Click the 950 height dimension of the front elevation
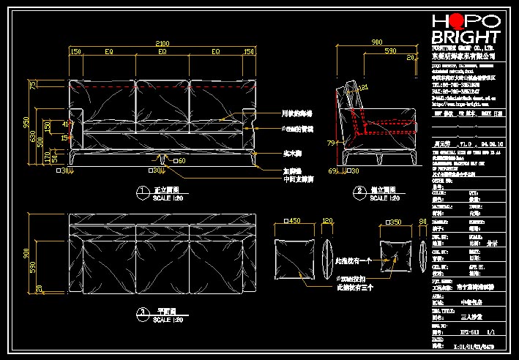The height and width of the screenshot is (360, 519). click(x=26, y=121)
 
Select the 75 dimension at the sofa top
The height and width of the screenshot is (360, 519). click(x=33, y=86)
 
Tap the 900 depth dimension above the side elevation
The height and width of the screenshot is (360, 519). click(x=377, y=43)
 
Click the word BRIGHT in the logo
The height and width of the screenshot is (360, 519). click(x=465, y=38)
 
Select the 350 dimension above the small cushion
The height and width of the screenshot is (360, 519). click(x=395, y=220)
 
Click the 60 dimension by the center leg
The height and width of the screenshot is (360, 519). click(x=180, y=160)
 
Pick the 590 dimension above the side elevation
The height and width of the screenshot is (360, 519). click(x=391, y=52)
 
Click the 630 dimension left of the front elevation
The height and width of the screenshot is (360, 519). click(x=33, y=136)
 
